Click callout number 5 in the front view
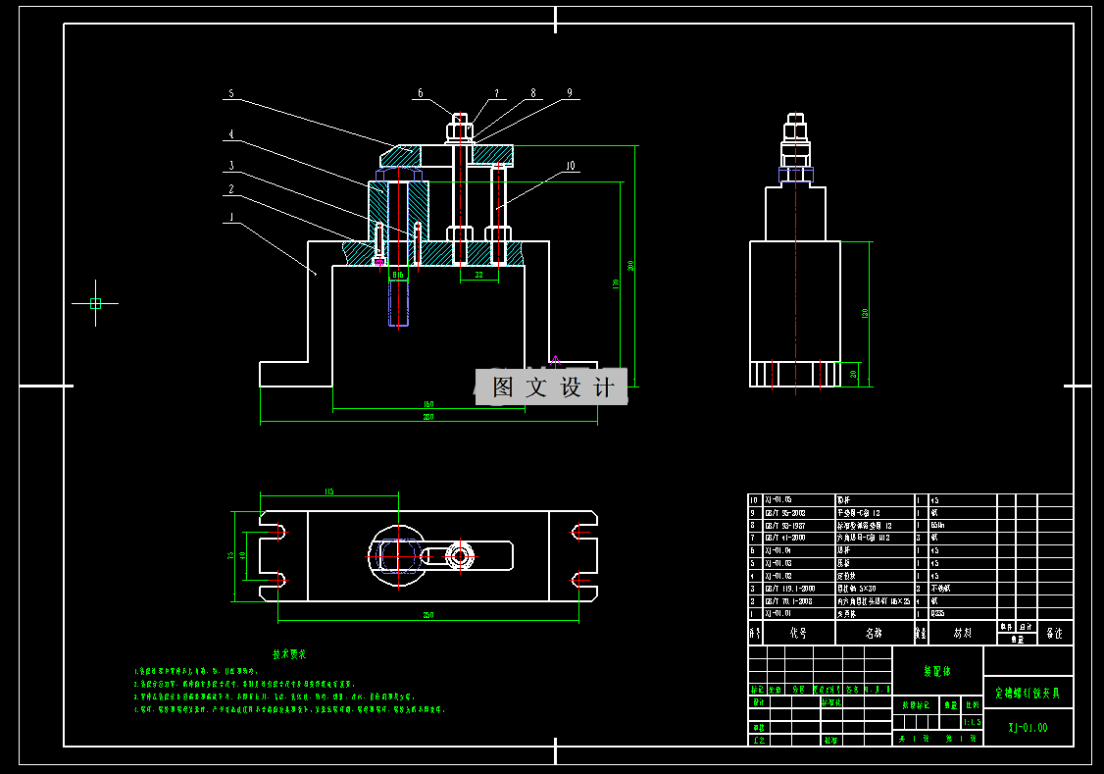(x=231, y=94)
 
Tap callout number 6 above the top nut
(x=421, y=94)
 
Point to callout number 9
(x=569, y=94)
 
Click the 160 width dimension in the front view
(x=428, y=403)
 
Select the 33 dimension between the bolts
(x=479, y=276)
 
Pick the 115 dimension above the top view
(x=328, y=491)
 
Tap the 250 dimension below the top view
(x=427, y=615)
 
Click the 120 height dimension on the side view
(x=865, y=313)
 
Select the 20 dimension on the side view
(x=853, y=374)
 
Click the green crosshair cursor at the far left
(x=95, y=303)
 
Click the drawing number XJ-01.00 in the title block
(x=1028, y=728)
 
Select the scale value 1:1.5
(x=972, y=722)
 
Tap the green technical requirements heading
(x=289, y=653)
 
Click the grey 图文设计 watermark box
(x=551, y=387)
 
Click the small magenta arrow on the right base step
(x=555, y=361)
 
